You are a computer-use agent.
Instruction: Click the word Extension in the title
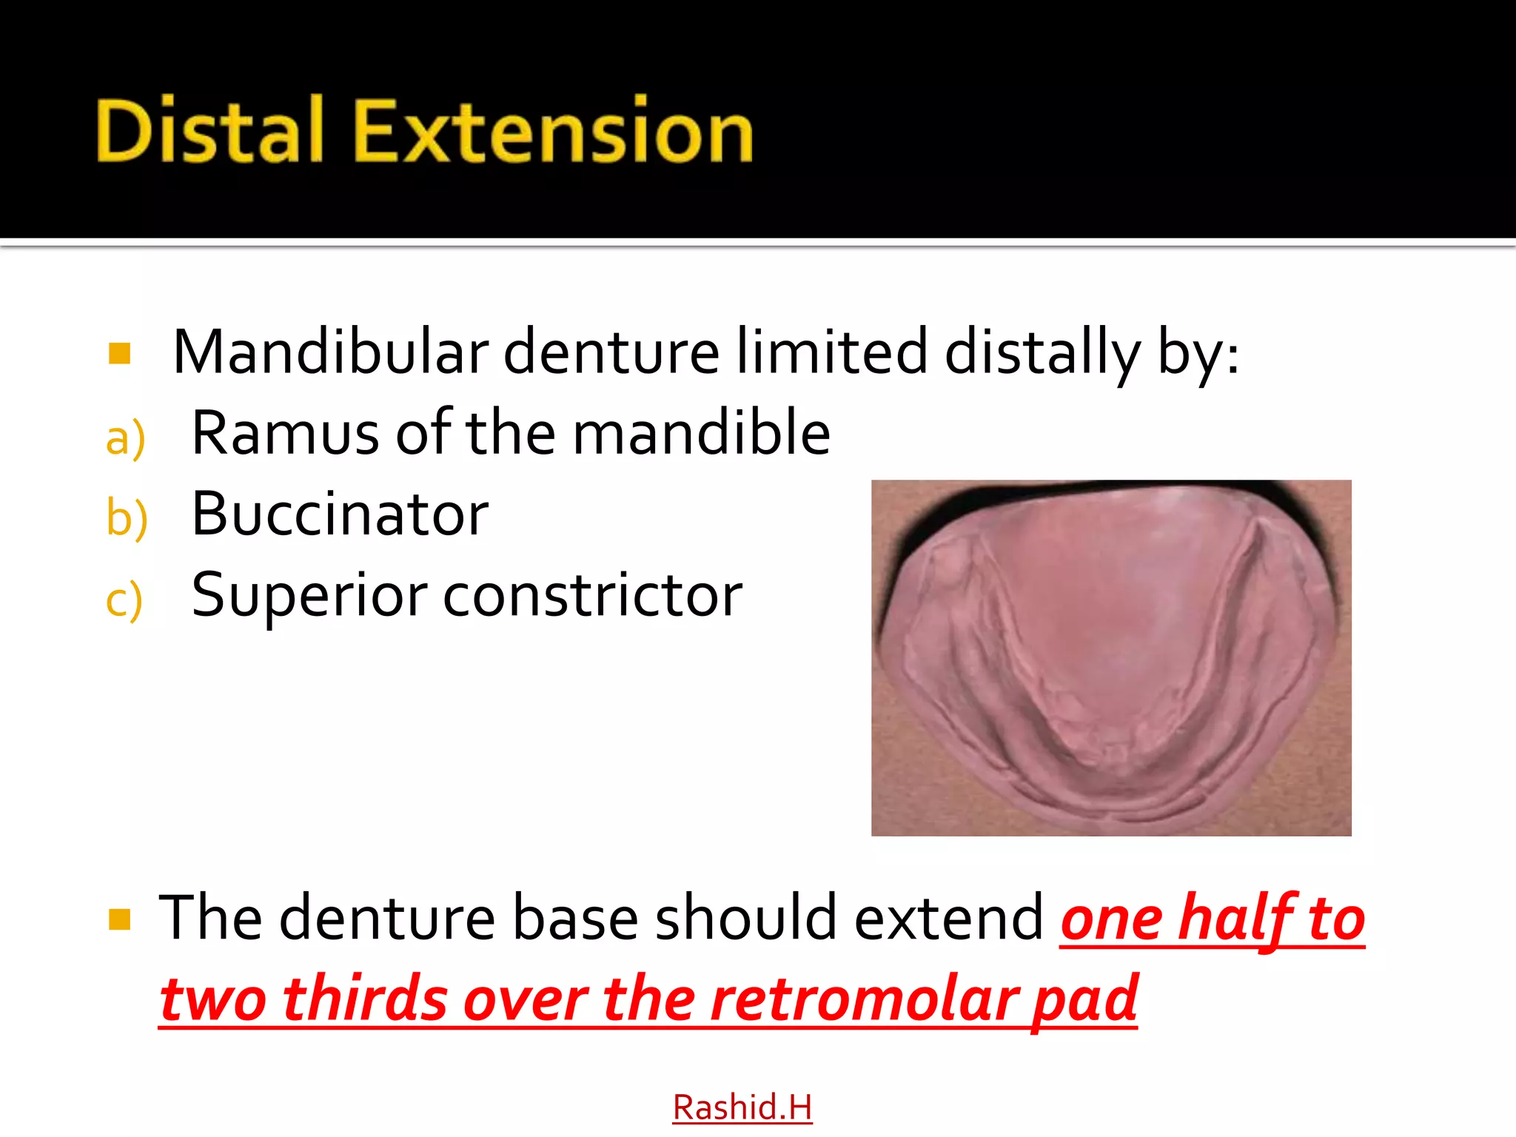click(554, 131)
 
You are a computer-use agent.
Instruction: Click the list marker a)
click(125, 438)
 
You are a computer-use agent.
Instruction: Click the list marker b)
click(127, 517)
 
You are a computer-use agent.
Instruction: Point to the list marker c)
click(124, 599)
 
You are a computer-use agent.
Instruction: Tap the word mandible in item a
click(701, 433)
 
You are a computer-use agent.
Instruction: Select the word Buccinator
click(340, 514)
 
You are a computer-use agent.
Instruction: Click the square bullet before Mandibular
click(119, 354)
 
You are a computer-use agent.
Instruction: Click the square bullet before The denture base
click(119, 919)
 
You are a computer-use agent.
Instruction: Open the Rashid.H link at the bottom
click(742, 1107)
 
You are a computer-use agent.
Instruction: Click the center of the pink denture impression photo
click(1111, 658)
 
